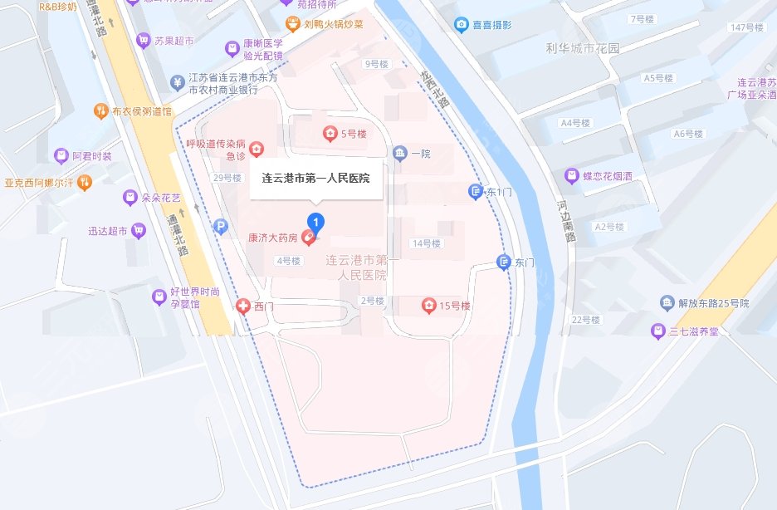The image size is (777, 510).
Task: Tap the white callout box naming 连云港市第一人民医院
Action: pyautogui.click(x=315, y=179)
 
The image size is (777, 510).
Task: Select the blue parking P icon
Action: pyautogui.click(x=220, y=225)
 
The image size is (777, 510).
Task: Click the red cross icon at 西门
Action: pyautogui.click(x=243, y=306)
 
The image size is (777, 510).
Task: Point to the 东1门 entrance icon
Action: pyautogui.click(x=476, y=192)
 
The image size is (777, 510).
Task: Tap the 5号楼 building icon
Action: pyautogui.click(x=330, y=133)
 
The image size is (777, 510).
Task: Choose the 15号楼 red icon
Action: pyautogui.click(x=428, y=306)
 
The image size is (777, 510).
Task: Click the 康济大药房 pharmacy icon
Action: pyautogui.click(x=308, y=238)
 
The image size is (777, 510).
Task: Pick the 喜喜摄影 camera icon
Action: pyautogui.click(x=462, y=24)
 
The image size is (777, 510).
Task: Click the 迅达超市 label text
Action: pyautogui.click(x=108, y=231)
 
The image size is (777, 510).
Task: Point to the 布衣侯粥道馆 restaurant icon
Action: pyautogui.click(x=100, y=110)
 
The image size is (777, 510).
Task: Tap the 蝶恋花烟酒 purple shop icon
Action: pyautogui.click(x=571, y=176)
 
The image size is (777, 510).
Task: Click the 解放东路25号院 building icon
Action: pyautogui.click(x=667, y=302)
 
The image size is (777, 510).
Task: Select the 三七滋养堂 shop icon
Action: pyautogui.click(x=657, y=331)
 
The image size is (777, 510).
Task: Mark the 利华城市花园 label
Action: pyautogui.click(x=582, y=48)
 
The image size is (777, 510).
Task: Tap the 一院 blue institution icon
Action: pyautogui.click(x=400, y=154)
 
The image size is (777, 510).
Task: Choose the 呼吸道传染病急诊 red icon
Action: pyautogui.click(x=257, y=149)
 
